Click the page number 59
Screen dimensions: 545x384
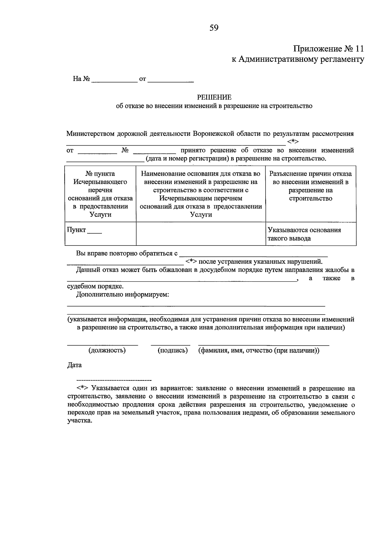click(214, 28)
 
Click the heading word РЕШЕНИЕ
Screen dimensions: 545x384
click(214, 97)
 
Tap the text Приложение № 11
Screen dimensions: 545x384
click(329, 49)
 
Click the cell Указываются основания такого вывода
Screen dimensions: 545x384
click(311, 234)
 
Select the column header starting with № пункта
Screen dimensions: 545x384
click(100, 194)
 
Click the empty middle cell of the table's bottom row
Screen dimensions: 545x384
click(201, 234)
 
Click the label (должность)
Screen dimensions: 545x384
click(107, 350)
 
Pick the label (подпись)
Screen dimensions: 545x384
click(173, 350)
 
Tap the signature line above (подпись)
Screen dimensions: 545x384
click(171, 345)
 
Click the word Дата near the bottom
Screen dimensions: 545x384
click(74, 365)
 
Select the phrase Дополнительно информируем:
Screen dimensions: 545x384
click(123, 294)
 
